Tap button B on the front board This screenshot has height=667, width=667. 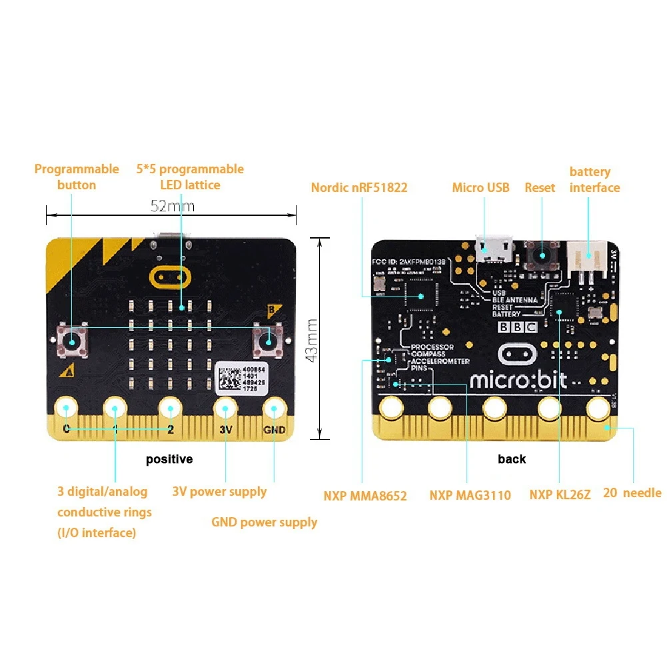[x=268, y=340]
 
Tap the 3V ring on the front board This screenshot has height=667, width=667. [x=225, y=408]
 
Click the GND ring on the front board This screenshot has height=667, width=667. [x=274, y=408]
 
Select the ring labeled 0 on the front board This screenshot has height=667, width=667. [x=66, y=408]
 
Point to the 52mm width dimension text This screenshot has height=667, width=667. [x=172, y=206]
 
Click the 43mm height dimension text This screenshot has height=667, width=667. [x=311, y=339]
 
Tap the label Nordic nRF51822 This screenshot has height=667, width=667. [x=359, y=188]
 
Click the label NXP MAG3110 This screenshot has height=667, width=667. [x=470, y=495]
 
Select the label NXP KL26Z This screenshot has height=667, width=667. [x=560, y=495]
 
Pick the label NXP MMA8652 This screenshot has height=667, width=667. [x=365, y=496]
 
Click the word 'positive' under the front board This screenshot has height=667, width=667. [x=169, y=459]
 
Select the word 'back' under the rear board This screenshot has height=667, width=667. [x=512, y=459]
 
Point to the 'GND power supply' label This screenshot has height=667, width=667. [x=264, y=522]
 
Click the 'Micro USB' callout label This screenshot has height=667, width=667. [x=480, y=188]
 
